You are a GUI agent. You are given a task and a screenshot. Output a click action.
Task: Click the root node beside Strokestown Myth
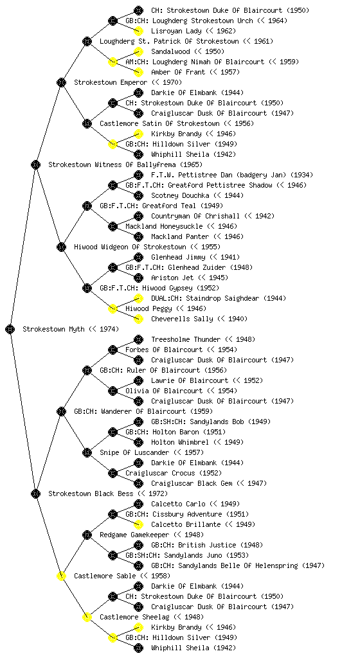pyautogui.click(x=10, y=329)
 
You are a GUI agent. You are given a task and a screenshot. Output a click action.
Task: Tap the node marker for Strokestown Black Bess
pyautogui.click(x=35, y=493)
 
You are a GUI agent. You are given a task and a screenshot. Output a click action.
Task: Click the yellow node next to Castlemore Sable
pyautogui.click(x=61, y=576)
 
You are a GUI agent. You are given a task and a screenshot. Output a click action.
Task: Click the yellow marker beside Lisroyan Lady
pyautogui.click(x=138, y=31)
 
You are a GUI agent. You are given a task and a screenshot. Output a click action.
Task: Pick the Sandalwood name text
pyautogui.click(x=170, y=51)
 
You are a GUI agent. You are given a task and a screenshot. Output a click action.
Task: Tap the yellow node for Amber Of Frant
pyautogui.click(x=138, y=72)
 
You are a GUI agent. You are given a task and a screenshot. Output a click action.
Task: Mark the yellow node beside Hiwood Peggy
pyautogui.click(x=113, y=308)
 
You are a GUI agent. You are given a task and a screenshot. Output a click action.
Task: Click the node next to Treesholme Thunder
pyautogui.click(x=138, y=339)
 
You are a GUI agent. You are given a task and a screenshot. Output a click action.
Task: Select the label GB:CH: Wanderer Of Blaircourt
pyautogui.click(x=130, y=411)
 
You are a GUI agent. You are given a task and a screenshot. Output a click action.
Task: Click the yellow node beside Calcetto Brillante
pyautogui.click(x=138, y=524)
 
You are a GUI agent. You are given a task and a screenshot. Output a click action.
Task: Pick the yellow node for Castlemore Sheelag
pyautogui.click(x=87, y=617)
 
